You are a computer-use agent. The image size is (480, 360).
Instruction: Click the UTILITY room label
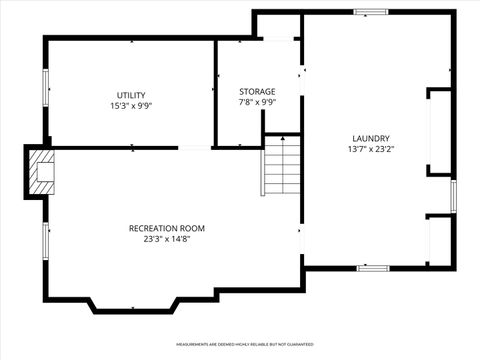[131, 95]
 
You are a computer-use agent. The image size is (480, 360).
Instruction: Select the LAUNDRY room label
[370, 138]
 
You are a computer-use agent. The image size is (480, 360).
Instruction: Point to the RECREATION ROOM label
[167, 228]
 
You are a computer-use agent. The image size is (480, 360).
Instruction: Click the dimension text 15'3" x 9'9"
[131, 105]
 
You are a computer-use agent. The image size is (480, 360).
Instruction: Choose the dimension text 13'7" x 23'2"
[370, 149]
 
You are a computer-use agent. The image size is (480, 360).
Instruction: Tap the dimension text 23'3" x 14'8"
[167, 238]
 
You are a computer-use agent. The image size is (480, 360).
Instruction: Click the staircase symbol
[282, 167]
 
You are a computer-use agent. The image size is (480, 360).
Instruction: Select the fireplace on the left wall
[41, 172]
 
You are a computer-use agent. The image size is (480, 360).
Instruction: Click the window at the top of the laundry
[371, 12]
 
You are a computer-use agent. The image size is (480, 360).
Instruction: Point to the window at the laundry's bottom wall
[372, 267]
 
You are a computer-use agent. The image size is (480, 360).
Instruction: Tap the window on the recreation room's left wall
[44, 240]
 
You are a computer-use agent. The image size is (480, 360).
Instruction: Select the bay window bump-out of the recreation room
[136, 304]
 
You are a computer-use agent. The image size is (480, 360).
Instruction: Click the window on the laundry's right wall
[453, 195]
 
